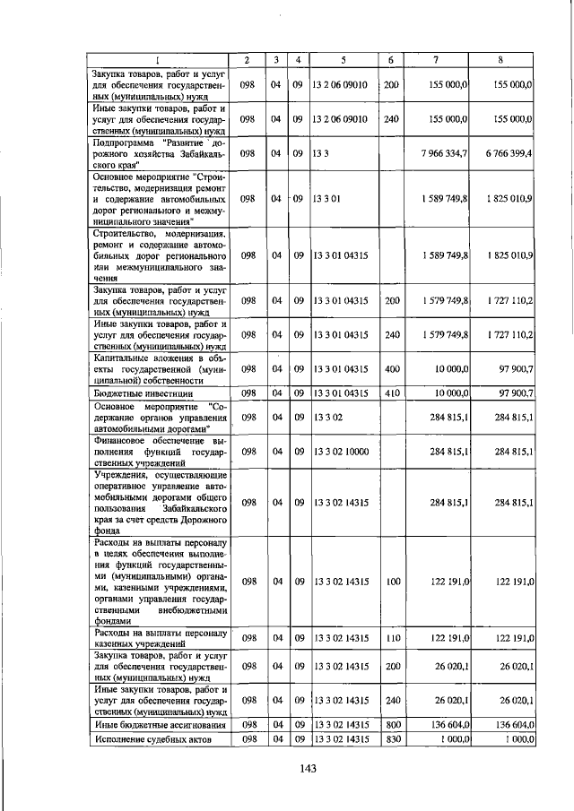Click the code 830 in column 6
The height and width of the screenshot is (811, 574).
coord(391,738)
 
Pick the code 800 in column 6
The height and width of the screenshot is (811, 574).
coord(391,724)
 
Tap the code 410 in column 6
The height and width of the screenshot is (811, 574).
coord(391,393)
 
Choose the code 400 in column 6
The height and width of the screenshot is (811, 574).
coord(391,369)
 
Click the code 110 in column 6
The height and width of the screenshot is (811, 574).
coord(391,638)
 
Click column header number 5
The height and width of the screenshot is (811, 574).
coord(344,60)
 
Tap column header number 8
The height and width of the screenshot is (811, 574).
coord(502,60)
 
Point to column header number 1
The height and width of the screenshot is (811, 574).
coord(159,60)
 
